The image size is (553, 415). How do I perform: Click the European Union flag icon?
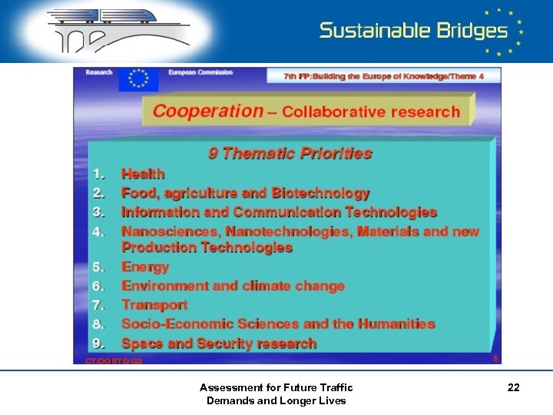(x=138, y=79)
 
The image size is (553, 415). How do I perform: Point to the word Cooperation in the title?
(x=207, y=111)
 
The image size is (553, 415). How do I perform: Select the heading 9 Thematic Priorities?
(x=290, y=153)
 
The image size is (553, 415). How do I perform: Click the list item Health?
(x=143, y=174)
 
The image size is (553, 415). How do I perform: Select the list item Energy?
(x=145, y=267)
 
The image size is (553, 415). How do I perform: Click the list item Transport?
(x=154, y=305)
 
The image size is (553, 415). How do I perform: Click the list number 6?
(x=98, y=286)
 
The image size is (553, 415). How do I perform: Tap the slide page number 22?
(x=513, y=388)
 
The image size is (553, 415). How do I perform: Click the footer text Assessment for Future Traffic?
(x=276, y=387)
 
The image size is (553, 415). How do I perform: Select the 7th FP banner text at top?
(x=384, y=76)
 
